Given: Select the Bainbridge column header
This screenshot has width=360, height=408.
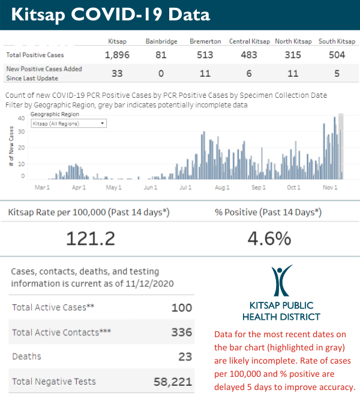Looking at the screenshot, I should (x=160, y=41).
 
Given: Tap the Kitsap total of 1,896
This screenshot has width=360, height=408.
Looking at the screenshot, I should (x=117, y=55).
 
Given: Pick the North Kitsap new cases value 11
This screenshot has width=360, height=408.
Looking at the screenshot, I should (x=293, y=73).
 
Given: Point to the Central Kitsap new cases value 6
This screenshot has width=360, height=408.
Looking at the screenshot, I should (x=247, y=73).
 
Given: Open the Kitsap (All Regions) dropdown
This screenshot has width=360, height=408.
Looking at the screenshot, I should (x=68, y=123).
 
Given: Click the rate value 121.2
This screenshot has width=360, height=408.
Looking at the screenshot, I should (x=90, y=238).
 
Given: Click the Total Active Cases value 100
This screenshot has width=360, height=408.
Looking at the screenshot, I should (x=181, y=308).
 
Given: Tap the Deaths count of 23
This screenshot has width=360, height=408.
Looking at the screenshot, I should (x=185, y=356).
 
